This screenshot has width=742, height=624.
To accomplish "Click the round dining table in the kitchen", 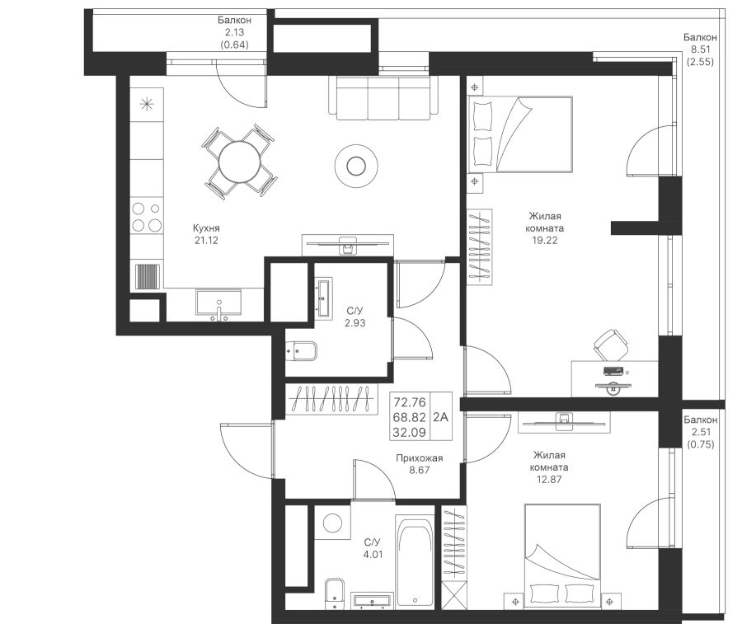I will point(238,162).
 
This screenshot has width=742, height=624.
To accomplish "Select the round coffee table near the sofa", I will point(356,166).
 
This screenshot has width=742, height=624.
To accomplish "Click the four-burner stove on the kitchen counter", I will point(147,217).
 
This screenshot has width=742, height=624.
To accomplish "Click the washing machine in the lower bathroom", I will point(332,523).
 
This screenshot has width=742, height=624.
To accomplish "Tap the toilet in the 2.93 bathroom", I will point(301,352).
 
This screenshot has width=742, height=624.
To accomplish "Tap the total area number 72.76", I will point(410,402).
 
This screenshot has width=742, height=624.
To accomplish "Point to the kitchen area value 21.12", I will point(207,241).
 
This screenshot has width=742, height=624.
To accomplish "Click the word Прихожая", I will point(420,458).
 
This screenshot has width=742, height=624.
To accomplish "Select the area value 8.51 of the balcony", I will point(700,49).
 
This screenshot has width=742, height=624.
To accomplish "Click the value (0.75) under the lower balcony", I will point(700,443).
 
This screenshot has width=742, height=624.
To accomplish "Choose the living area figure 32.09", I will point(410,430).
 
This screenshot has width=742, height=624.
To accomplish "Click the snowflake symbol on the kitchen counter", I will point(147,103).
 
